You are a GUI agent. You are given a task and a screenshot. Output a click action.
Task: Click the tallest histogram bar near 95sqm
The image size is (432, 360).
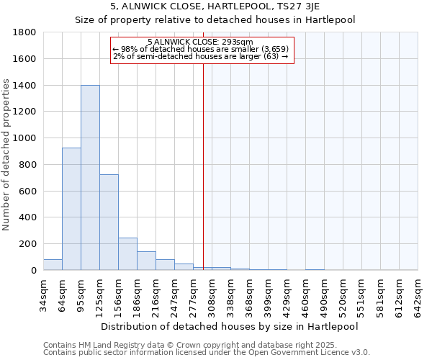(x=90, y=178)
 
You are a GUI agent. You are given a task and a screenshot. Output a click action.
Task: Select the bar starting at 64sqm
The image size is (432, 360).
(x=71, y=209)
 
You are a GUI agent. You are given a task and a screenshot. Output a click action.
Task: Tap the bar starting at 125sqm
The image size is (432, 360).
(x=109, y=222)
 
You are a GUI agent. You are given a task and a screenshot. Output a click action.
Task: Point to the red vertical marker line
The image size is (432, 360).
(x=203, y=166)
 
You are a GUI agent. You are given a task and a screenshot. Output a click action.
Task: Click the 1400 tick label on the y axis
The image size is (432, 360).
(x=25, y=86)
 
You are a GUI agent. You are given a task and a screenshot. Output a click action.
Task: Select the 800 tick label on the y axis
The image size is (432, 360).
(x=28, y=165)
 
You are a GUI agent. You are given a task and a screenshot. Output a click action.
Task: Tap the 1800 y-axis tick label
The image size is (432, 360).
(x=25, y=32)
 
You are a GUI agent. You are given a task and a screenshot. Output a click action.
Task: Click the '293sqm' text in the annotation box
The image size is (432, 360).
(x=237, y=42)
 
